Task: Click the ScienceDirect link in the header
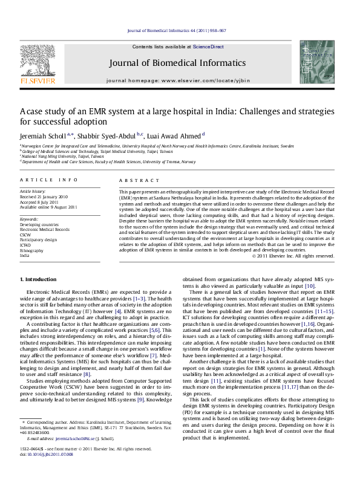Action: (x=208, y=47)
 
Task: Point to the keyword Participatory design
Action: (x=39, y=239)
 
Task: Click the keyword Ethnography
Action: (x=32, y=250)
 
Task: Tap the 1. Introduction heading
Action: (x=39, y=279)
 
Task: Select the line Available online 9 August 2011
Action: (x=48, y=207)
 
